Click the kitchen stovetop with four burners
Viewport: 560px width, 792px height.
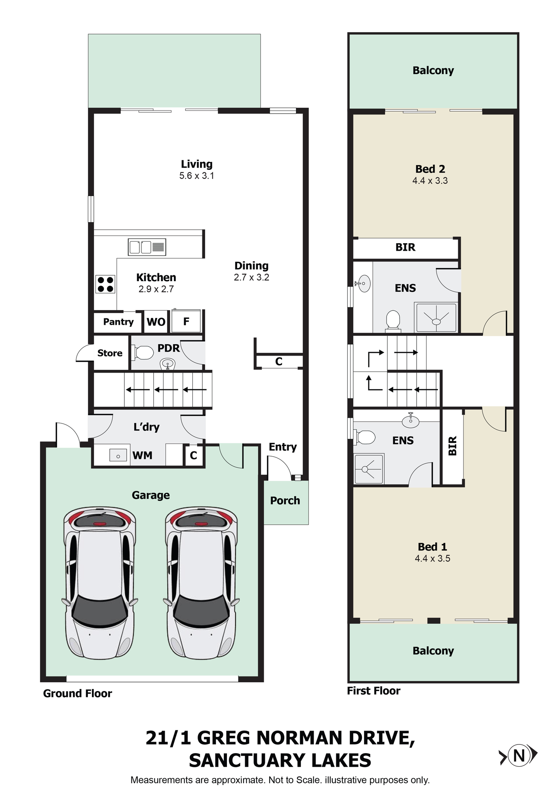(x=105, y=284)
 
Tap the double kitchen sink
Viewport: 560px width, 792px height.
(x=147, y=247)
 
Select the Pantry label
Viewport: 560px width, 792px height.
(x=118, y=322)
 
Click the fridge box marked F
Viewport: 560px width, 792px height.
(x=186, y=321)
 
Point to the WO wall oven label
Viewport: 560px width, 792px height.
(x=156, y=322)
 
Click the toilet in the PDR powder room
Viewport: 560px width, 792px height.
(x=143, y=352)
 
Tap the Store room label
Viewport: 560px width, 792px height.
(x=110, y=353)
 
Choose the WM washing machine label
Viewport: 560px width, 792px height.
(x=143, y=455)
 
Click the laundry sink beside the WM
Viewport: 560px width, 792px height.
(x=118, y=456)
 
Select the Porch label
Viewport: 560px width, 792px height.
(x=285, y=501)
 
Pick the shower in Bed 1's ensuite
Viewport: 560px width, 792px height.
(x=369, y=468)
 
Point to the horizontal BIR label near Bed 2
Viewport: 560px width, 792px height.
(x=406, y=247)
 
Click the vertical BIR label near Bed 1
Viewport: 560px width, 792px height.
(x=452, y=446)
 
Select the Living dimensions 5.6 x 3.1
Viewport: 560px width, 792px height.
(x=197, y=176)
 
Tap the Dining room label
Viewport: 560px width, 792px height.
(x=251, y=266)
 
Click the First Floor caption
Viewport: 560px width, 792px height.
(x=373, y=691)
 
